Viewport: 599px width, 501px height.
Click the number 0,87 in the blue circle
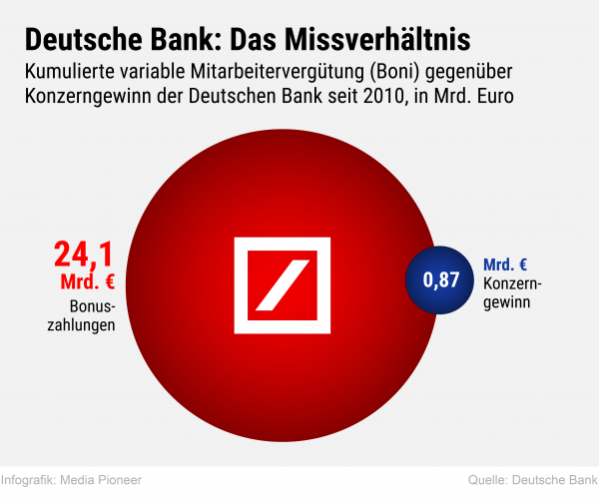pyautogui.click(x=441, y=280)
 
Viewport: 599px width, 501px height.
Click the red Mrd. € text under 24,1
pyautogui.click(x=88, y=281)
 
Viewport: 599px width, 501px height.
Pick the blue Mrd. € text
pyautogui.click(x=505, y=264)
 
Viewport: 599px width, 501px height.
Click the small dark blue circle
pyautogui.click(x=441, y=280)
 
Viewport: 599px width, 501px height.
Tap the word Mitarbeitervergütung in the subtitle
pyautogui.click(x=283, y=72)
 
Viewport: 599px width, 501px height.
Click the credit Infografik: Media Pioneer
pyautogui.click(x=72, y=480)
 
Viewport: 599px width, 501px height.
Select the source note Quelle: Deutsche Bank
pyautogui.click(x=531, y=480)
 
